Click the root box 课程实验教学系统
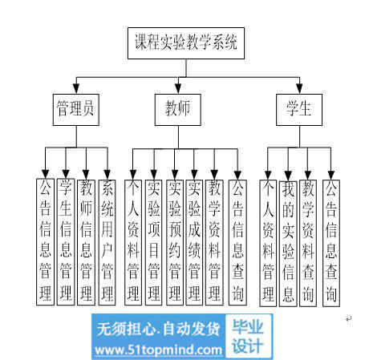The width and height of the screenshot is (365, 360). (x=186, y=43)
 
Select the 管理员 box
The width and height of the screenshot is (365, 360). (x=76, y=110)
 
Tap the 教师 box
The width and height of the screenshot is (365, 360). (x=178, y=110)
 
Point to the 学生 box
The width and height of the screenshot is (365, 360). (x=299, y=110)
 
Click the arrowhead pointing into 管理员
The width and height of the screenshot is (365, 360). (x=76, y=89)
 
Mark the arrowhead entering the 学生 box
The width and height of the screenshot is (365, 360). (x=299, y=89)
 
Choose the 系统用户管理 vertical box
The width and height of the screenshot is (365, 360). (x=107, y=242)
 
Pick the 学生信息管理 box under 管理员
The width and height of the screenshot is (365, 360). (x=66, y=242)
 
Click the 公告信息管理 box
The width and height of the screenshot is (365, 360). (x=45, y=242)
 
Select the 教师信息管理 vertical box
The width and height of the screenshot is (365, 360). (x=86, y=242)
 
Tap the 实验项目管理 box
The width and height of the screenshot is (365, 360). (x=153, y=242)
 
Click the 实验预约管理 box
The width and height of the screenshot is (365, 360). (x=175, y=242)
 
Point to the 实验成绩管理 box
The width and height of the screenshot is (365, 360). (x=194, y=242)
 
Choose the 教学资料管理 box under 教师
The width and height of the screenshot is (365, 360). (x=214, y=242)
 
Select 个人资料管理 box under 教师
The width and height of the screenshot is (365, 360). (x=133, y=242)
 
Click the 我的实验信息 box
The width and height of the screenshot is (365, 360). (x=288, y=244)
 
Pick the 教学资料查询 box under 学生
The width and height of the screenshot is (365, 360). (x=308, y=243)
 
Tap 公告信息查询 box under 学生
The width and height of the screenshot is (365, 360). (x=331, y=243)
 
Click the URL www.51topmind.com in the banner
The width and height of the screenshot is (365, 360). (x=159, y=350)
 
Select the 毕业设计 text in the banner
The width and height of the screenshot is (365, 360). (x=248, y=336)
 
